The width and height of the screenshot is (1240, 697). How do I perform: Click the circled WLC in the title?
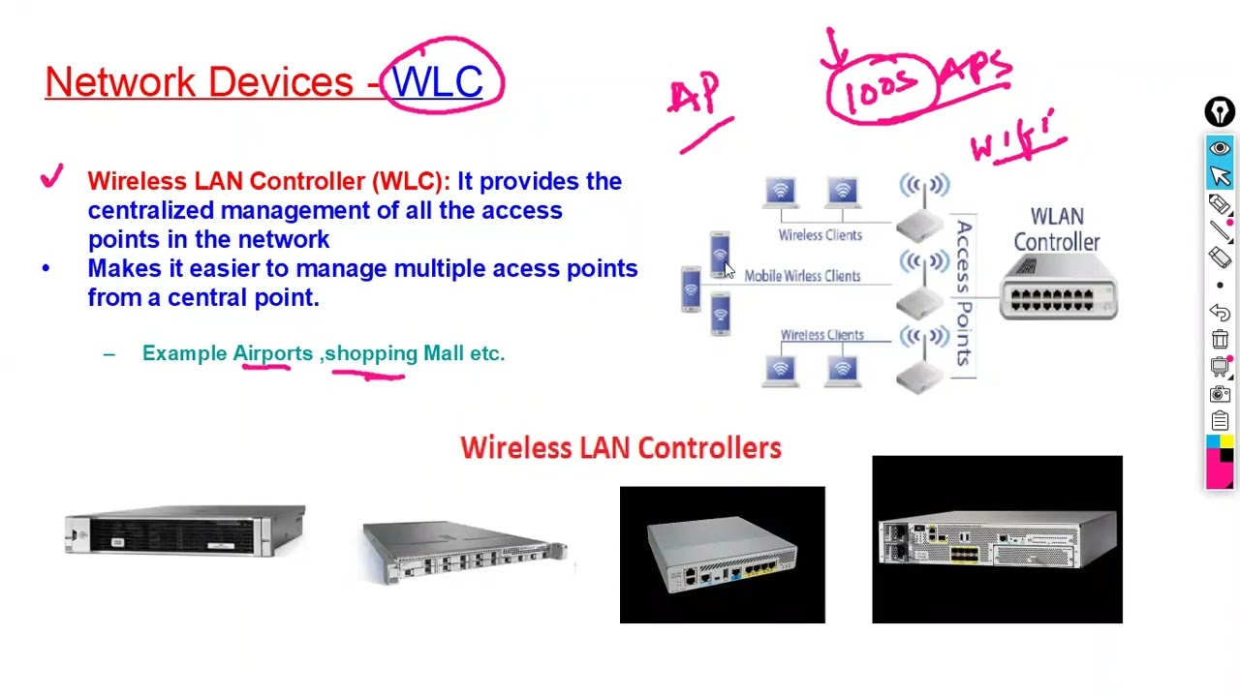(438, 81)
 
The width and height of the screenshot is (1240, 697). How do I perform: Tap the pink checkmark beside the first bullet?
(51, 178)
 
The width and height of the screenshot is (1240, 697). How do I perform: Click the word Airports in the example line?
(272, 353)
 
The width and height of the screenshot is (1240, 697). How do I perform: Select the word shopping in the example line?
(371, 353)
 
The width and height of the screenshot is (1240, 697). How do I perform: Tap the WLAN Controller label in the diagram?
(1056, 229)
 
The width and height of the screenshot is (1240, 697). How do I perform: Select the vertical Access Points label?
(964, 293)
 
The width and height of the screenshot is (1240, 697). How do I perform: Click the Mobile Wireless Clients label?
(802, 276)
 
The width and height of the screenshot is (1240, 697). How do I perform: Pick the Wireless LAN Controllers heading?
(620, 447)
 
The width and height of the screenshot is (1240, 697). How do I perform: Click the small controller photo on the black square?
(722, 556)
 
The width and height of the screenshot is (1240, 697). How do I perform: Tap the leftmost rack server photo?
(185, 530)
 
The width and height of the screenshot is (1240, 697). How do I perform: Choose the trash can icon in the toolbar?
(1220, 340)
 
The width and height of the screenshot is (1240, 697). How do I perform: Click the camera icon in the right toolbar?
(1220, 394)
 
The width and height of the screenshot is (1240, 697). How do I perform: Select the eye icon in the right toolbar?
(1220, 148)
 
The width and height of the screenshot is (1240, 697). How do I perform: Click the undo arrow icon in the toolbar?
(1220, 313)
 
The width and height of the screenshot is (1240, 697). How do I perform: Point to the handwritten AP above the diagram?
(696, 96)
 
